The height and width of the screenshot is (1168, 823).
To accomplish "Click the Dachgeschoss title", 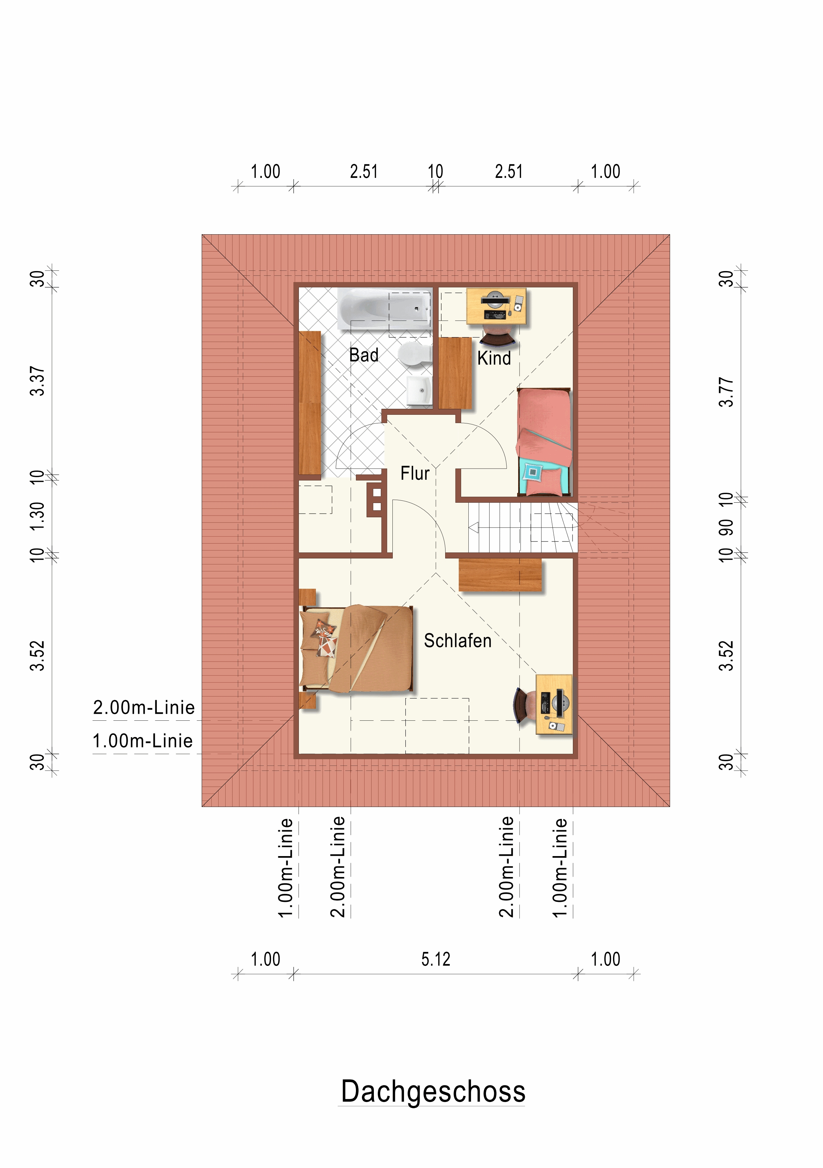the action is click(x=433, y=1091).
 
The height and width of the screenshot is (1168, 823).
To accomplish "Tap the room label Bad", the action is click(x=364, y=355).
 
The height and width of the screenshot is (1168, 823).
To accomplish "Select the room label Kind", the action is click(x=494, y=358).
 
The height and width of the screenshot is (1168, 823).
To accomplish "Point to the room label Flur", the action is click(x=415, y=473).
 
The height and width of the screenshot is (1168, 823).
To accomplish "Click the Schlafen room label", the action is click(x=458, y=640).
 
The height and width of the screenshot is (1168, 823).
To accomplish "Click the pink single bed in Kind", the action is click(x=544, y=442).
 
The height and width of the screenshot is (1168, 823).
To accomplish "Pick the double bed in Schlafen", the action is click(x=356, y=649).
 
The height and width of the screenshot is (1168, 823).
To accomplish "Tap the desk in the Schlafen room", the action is click(x=554, y=704).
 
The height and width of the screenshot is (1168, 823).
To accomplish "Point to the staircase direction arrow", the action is click(x=474, y=528).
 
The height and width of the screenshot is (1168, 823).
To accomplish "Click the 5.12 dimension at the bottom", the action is click(x=436, y=959).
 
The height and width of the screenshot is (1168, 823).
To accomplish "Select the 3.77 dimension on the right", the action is click(x=726, y=392).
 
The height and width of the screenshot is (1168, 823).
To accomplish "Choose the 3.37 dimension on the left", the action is click(x=37, y=381).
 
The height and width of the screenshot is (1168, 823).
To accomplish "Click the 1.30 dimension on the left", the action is click(x=37, y=516).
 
